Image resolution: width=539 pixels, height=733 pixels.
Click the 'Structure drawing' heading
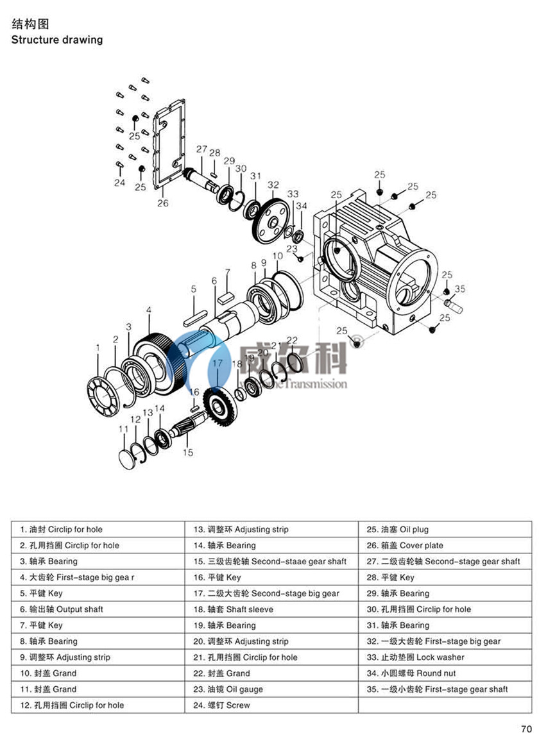(x=57, y=40)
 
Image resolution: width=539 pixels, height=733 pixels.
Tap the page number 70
(x=526, y=727)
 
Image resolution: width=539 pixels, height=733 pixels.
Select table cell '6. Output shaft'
(x=62, y=609)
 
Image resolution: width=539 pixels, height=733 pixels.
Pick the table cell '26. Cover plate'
(x=405, y=546)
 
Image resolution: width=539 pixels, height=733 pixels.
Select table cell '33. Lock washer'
(x=415, y=657)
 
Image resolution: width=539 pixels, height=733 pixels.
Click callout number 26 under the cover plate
(x=163, y=203)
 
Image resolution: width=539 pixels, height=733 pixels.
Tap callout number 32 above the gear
(x=273, y=185)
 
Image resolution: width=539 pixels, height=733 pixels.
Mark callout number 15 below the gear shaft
(x=187, y=452)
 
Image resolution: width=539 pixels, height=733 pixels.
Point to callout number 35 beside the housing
(x=459, y=289)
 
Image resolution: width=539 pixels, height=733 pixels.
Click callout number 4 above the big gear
(x=149, y=310)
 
